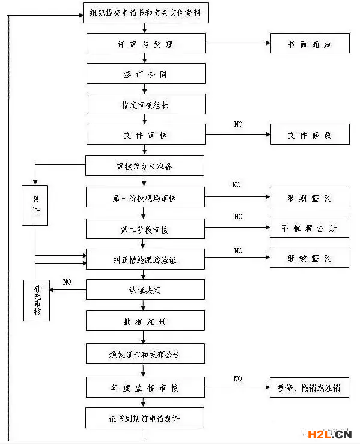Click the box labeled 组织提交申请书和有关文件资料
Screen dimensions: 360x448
coord(145,13)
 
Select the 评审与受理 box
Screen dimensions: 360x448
coord(146,43)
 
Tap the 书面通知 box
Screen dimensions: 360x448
coord(310,43)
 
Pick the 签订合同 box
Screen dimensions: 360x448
coord(146,74)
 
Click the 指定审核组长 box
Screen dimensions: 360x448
coord(146,104)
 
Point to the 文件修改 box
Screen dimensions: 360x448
coord(310,135)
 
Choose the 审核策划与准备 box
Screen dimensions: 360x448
coord(145,165)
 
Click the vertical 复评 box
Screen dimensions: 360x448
coord(35,205)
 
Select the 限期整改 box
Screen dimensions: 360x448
coord(310,197)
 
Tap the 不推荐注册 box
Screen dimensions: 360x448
coord(310,228)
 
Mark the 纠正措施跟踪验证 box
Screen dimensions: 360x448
coord(145,259)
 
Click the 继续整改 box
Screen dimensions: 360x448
coord(310,258)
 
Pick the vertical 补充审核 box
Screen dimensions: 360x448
coord(37,301)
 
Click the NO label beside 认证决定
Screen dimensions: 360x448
coord(67,282)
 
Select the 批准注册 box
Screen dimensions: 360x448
coord(145,321)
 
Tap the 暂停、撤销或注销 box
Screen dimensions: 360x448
coord(310,387)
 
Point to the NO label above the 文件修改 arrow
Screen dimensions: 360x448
coord(238,124)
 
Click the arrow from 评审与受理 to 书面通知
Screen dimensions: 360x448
coord(238,43)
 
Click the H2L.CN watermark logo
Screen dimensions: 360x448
coord(329,435)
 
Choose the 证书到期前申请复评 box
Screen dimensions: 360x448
coord(145,418)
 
